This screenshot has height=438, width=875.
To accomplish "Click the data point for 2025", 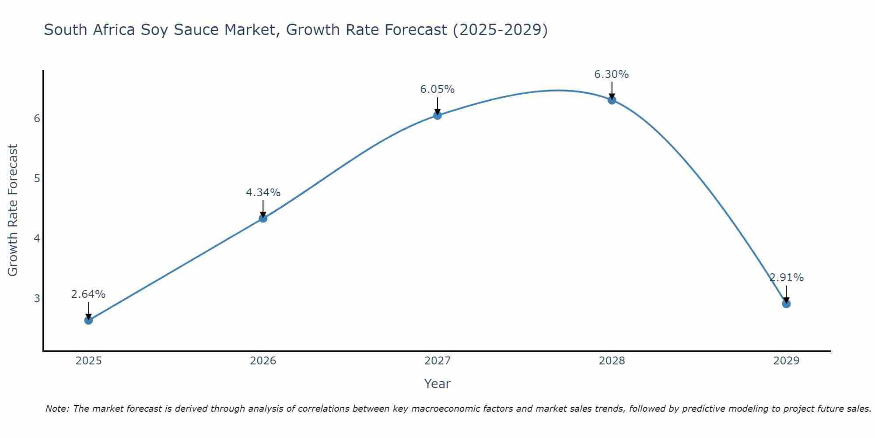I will tap(88, 320).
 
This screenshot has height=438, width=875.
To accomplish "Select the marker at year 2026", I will tap(263, 218).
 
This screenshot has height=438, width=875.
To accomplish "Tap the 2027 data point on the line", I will tap(437, 115).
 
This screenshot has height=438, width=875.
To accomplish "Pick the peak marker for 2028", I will tap(612, 100).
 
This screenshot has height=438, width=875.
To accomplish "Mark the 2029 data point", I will tap(786, 304).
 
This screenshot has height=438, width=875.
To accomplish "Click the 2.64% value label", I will tap(88, 294).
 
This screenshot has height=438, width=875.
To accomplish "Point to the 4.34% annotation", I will tap(263, 193).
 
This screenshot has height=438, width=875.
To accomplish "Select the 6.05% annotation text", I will tap(437, 89).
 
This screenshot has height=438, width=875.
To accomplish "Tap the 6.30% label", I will tap(612, 74).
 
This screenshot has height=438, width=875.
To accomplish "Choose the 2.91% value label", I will tap(787, 278).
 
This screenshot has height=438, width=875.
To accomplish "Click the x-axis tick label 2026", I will tap(263, 361).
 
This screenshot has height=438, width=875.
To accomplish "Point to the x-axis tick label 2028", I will tap(612, 361).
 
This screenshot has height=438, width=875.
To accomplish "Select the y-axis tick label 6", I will tap(37, 119).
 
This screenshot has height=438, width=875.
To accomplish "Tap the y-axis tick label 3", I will tap(37, 299).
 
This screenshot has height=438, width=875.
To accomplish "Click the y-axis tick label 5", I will tap(37, 179).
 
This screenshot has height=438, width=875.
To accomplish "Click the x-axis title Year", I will tap(437, 384).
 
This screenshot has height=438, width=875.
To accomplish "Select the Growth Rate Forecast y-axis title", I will tap(13, 210).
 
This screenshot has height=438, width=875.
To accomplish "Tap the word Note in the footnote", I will tap(57, 409).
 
